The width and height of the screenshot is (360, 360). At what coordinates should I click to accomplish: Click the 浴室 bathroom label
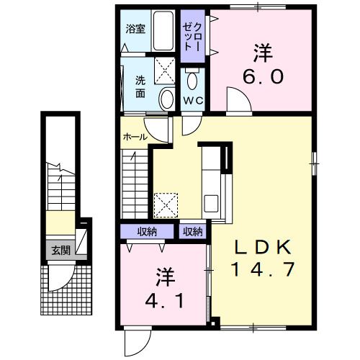[135, 30]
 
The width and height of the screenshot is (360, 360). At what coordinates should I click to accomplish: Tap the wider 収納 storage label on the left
[148, 232]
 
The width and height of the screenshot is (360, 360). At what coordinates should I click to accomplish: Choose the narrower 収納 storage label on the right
[192, 232]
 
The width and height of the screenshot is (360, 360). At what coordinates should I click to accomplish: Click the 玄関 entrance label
[60, 251]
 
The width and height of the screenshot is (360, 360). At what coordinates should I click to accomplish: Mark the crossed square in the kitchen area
[167, 204]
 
